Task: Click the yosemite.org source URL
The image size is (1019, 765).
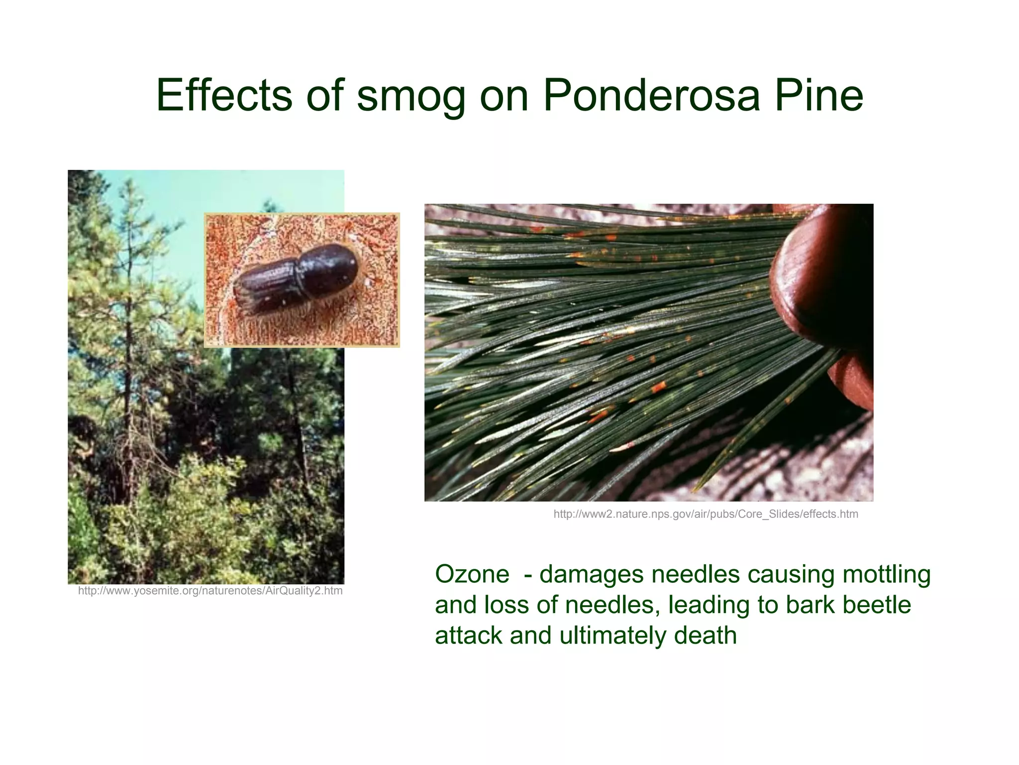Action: click(x=210, y=591)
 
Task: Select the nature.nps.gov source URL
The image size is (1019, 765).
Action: click(x=706, y=514)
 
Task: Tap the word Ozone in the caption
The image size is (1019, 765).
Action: click(x=472, y=574)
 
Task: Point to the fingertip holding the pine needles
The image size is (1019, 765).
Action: click(x=821, y=279)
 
